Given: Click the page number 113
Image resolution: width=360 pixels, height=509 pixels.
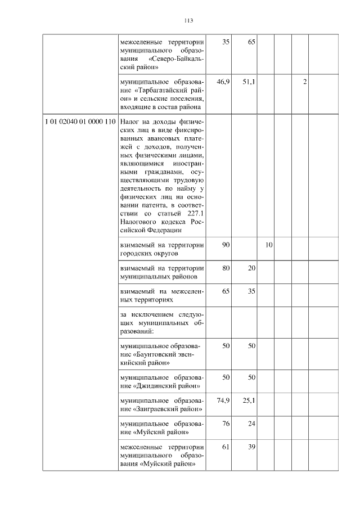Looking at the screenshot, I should (188, 21).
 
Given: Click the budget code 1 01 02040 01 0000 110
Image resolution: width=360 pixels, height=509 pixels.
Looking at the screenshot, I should (80, 122).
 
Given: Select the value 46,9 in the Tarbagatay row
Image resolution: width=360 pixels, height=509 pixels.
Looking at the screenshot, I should (223, 82).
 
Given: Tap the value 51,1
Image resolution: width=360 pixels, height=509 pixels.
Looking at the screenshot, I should (249, 82).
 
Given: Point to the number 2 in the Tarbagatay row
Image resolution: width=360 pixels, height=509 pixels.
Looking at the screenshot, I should (305, 82).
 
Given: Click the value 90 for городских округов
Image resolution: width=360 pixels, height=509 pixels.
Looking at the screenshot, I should (226, 245).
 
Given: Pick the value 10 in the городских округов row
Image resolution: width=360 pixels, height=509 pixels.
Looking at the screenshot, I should (269, 245).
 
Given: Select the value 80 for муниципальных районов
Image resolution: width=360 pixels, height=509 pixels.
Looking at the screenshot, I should (226, 268).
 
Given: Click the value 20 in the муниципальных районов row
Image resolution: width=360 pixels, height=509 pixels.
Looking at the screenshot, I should (251, 268).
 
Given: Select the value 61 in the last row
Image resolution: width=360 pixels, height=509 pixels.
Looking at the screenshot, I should (226, 447).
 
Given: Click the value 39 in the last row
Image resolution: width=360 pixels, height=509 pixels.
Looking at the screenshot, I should (251, 447).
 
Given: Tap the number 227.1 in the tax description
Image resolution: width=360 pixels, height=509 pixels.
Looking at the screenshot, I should (193, 214).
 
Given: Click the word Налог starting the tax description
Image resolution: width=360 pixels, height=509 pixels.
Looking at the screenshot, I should (130, 122).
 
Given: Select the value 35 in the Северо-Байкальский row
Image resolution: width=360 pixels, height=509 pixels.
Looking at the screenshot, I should (226, 42).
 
